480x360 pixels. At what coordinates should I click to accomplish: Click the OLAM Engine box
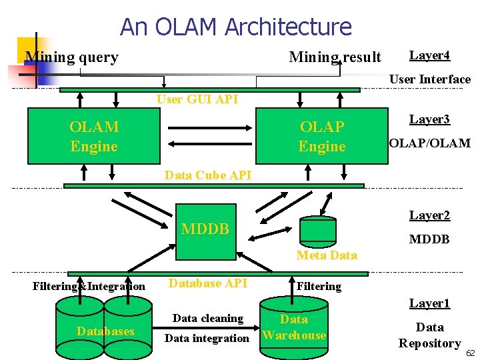(x=94, y=136)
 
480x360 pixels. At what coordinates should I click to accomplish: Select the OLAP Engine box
(x=322, y=136)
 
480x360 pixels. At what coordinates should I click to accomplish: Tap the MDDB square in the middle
(x=206, y=232)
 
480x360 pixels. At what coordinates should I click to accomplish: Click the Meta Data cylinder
(x=318, y=232)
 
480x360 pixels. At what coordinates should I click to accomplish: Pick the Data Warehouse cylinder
(x=294, y=327)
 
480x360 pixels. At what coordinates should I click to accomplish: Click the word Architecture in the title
(x=289, y=27)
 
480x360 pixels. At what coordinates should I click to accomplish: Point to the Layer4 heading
(x=429, y=55)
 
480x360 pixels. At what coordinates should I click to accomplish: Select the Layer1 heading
(x=429, y=303)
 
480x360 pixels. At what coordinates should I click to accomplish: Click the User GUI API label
(x=197, y=99)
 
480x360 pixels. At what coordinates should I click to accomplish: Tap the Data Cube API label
(x=208, y=175)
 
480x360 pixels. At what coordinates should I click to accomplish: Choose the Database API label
(x=208, y=283)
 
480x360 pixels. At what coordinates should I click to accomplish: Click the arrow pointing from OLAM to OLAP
(x=210, y=128)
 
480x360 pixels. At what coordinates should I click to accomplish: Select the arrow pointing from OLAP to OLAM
(x=210, y=144)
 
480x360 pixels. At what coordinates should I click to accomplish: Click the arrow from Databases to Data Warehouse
(x=206, y=328)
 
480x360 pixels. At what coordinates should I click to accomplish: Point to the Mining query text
(x=72, y=57)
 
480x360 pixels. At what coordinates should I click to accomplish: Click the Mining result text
(x=335, y=57)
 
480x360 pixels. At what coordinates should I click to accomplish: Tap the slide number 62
(x=471, y=353)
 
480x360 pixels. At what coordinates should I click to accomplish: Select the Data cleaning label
(x=208, y=319)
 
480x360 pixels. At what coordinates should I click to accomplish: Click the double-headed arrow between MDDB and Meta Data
(x=270, y=234)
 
